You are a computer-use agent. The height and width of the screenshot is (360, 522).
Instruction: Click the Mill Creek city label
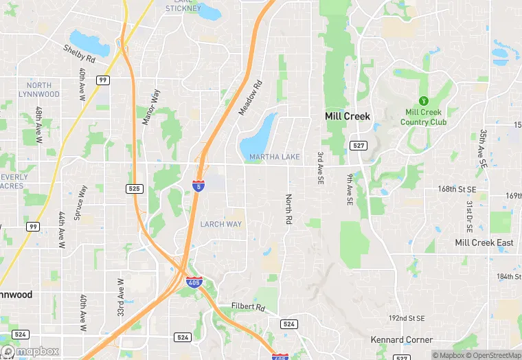tap(347, 116)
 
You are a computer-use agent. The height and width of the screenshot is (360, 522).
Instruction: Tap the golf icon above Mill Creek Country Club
tap(422, 100)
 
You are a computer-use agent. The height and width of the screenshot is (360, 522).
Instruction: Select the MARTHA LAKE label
tap(275, 157)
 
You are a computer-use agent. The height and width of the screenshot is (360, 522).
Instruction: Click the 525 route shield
tap(134, 188)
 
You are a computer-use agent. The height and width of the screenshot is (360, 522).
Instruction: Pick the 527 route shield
tap(358, 146)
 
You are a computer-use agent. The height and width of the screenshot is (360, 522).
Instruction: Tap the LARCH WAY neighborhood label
tap(220, 225)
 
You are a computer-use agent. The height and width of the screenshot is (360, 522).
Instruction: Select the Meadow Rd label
tap(251, 98)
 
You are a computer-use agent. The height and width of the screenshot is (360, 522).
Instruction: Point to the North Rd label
tap(289, 210)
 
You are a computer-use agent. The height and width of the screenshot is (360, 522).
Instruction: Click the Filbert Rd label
tap(248, 306)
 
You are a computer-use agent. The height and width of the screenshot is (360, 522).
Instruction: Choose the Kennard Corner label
tap(402, 340)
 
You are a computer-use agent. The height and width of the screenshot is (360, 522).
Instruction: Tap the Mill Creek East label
tap(484, 243)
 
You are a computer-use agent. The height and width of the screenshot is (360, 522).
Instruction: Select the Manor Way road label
tap(150, 107)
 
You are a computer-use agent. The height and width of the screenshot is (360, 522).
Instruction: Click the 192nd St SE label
tap(407, 319)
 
